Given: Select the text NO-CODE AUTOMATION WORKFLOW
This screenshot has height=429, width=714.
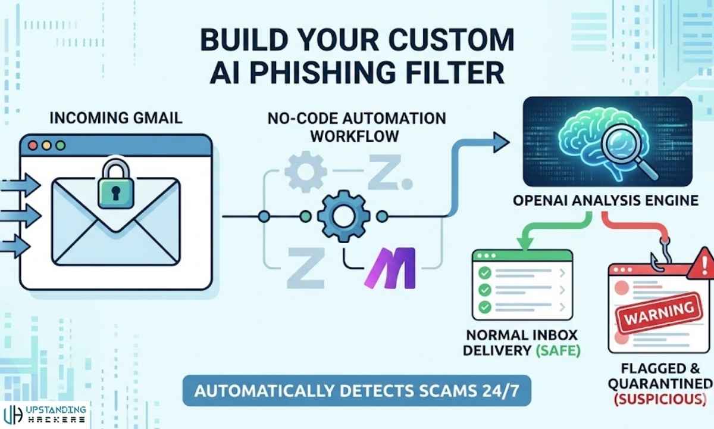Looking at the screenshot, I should click(x=358, y=126).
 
